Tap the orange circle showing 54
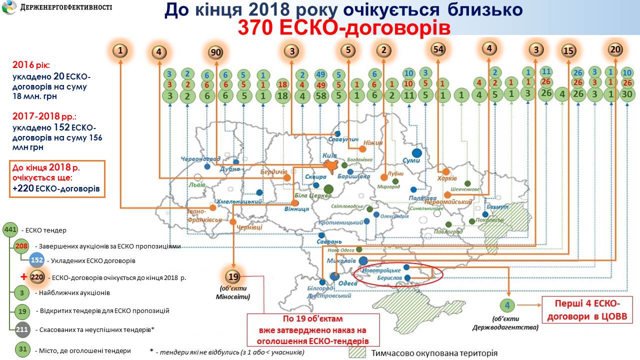[438, 49]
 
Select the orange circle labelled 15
[568, 50]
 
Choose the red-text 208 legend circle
[21, 246]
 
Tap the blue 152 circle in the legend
[36, 260]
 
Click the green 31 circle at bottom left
[22, 350]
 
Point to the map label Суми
[411, 160]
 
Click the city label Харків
[447, 178]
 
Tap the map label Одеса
[348, 283]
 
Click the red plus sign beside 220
[23, 276]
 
